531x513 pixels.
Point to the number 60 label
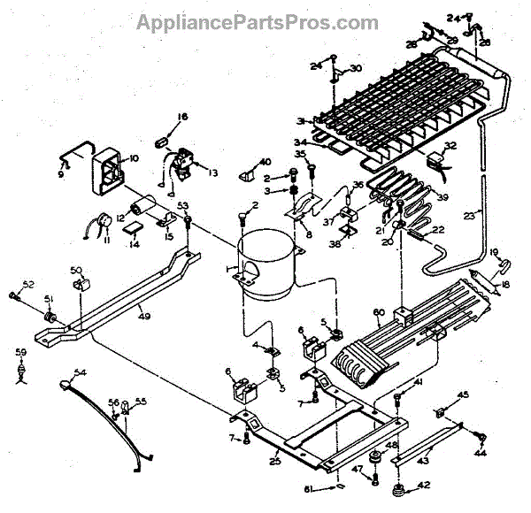click(378, 312)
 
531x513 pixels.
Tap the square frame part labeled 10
click(112, 168)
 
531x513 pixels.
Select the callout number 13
click(212, 173)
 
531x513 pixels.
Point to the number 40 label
click(265, 161)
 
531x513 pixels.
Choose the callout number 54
click(81, 372)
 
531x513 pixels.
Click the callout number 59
click(21, 353)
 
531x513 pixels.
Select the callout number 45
click(462, 395)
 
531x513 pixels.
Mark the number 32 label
click(451, 146)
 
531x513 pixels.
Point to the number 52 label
click(27, 284)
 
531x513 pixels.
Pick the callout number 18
click(506, 285)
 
